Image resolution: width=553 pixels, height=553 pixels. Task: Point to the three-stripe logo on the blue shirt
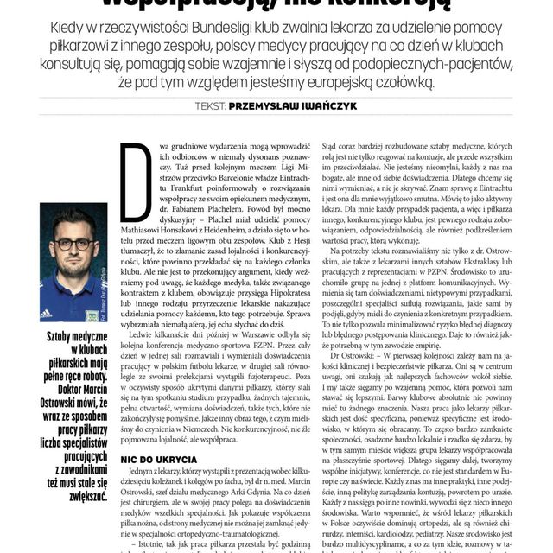click(45, 312)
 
